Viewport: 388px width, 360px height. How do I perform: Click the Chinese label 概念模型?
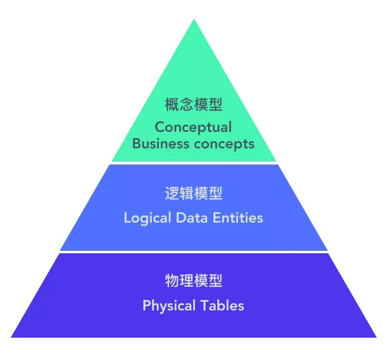click(194, 105)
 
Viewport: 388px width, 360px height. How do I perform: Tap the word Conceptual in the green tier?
click(193, 127)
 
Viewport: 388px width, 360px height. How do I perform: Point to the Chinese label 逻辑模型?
click(194, 194)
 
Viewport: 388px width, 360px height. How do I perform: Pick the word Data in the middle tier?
click(194, 217)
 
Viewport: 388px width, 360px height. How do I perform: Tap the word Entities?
click(238, 217)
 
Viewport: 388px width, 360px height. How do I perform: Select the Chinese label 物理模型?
click(194, 281)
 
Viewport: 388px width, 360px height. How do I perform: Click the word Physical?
click(169, 306)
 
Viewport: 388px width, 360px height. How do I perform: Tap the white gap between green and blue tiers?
click(194, 163)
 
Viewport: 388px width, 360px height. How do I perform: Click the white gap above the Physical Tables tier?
click(194, 252)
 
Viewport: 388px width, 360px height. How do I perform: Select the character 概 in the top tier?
click(172, 105)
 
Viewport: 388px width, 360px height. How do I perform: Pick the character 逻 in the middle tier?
click(172, 194)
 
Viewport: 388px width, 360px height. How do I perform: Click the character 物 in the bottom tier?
click(172, 281)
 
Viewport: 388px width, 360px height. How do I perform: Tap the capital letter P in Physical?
click(146, 306)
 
